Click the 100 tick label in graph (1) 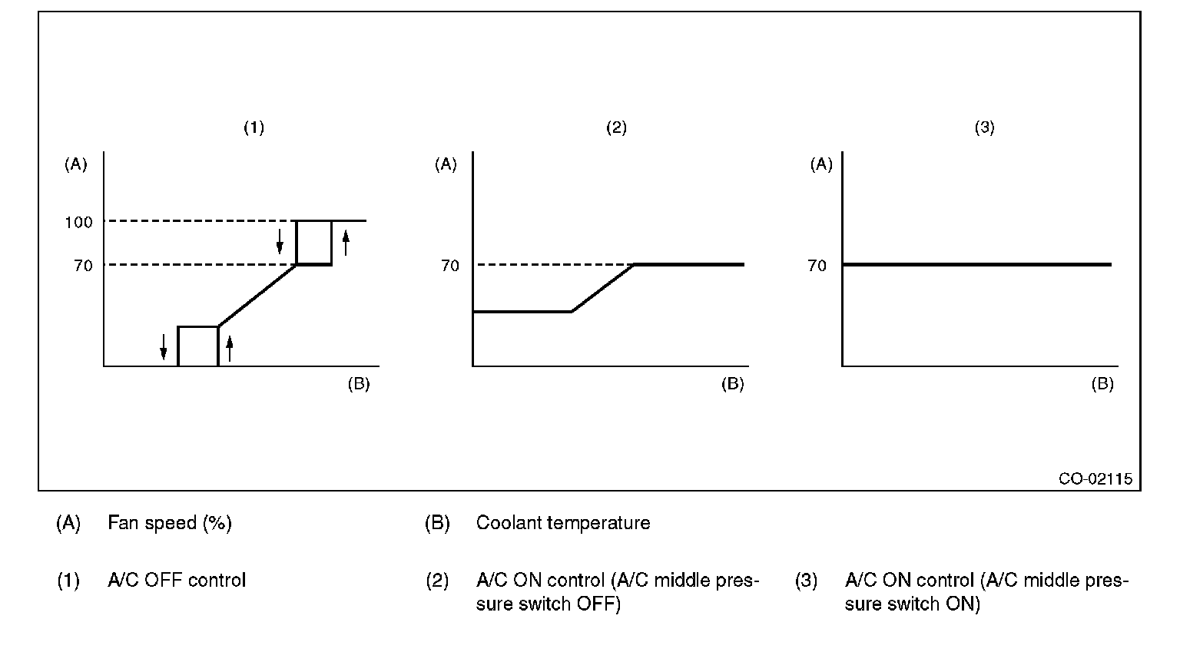[x=78, y=223]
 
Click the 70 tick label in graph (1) [x=83, y=266]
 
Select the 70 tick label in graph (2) [x=450, y=266]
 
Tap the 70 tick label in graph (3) [x=817, y=266]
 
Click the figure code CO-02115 [x=1095, y=478]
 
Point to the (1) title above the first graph [x=254, y=128]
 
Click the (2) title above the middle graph [x=616, y=128]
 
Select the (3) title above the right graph [x=984, y=128]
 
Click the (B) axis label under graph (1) [x=359, y=384]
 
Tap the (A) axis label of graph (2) [x=446, y=164]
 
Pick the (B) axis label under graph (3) [x=1102, y=384]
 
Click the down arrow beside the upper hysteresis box [x=280, y=240]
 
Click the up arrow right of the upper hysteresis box [x=346, y=243]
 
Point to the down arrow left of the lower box [x=164, y=346]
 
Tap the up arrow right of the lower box [x=229, y=349]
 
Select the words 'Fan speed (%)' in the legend [x=170, y=524]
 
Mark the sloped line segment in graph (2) [x=603, y=288]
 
